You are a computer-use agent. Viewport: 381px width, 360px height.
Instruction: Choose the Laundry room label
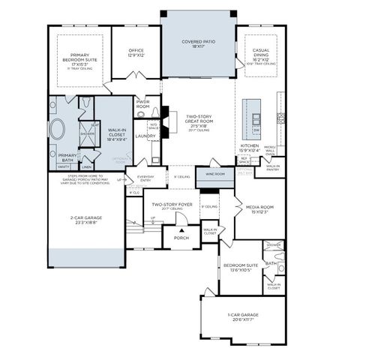[x=145, y=136]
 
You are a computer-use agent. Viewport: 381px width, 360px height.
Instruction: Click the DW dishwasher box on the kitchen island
[x=256, y=130]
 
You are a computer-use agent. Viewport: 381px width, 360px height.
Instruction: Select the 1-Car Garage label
[x=243, y=318]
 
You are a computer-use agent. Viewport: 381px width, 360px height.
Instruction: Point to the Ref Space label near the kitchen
[x=243, y=160]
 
